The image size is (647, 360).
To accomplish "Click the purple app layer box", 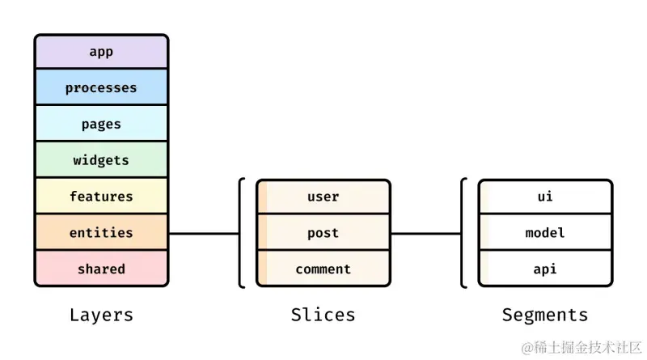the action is point(102,52).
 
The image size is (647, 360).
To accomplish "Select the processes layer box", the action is point(102,87).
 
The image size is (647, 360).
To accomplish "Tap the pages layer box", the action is point(102,124).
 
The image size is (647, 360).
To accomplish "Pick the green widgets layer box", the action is point(102,159).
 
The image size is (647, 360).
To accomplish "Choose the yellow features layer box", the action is point(102,196).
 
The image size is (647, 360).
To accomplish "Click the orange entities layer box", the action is point(102,232).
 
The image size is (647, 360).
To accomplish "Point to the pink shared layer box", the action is point(102,269).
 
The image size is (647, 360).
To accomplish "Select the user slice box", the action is point(323,197).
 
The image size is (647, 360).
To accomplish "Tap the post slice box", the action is point(323,232).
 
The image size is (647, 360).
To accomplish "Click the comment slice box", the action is point(323,269).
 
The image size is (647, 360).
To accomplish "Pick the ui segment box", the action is point(545,197).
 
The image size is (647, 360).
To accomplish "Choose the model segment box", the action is point(545,232).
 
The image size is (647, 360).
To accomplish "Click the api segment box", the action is point(545,269).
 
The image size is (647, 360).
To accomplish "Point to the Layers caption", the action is point(102,316).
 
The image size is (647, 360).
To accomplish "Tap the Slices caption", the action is point(323,315).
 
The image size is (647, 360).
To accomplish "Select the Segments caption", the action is point(545,316).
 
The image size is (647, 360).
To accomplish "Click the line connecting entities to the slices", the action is point(204,234).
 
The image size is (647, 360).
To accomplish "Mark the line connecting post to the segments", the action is point(426,234).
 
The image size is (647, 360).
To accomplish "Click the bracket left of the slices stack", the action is point(239,233).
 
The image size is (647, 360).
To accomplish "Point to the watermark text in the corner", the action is point(581,348).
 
